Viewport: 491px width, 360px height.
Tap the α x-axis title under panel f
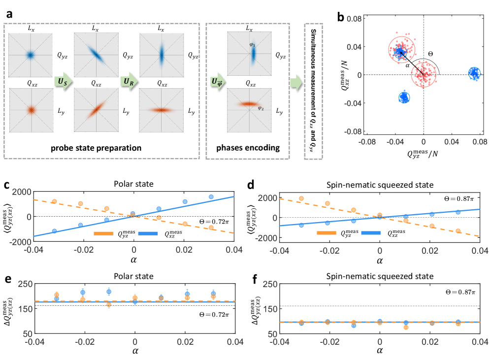pos(379,352)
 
